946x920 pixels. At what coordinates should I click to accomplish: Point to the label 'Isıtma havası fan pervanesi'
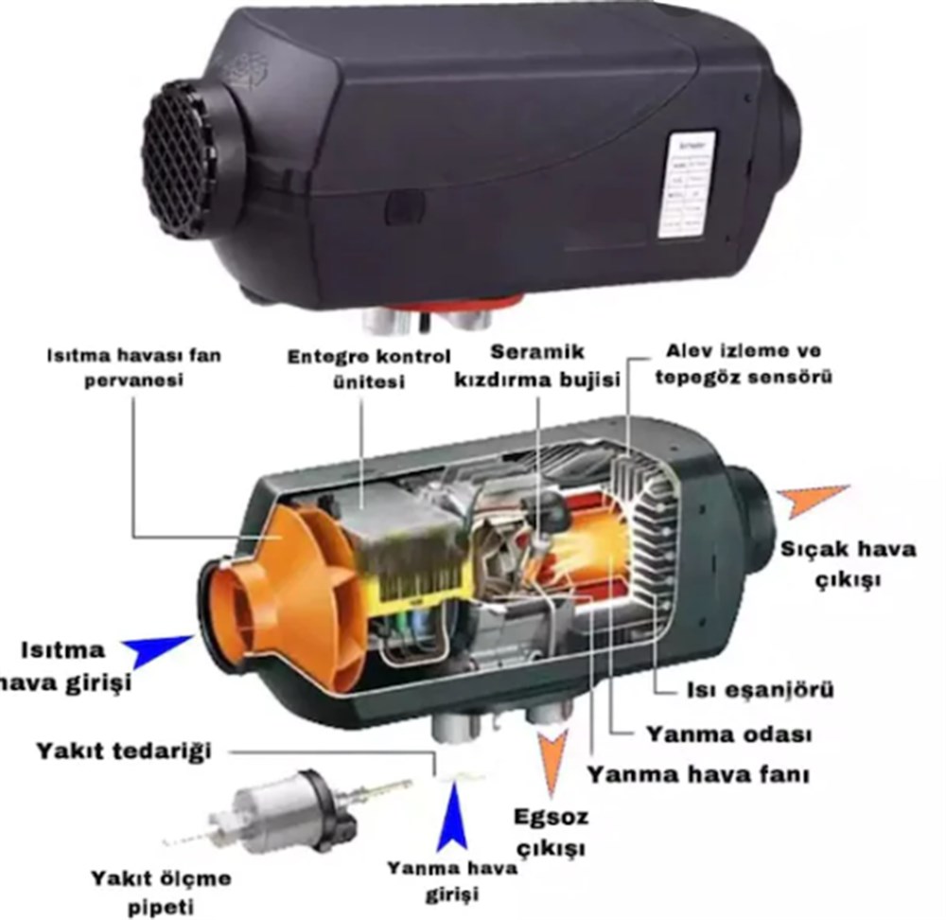(133, 369)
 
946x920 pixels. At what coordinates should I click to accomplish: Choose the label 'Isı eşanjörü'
(760, 690)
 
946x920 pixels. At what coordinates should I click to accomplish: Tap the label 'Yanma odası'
(729, 734)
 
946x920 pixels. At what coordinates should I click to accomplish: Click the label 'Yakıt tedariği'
(124, 752)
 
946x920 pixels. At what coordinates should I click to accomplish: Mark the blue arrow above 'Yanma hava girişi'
(452, 815)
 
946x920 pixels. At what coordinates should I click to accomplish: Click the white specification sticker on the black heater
(686, 185)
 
